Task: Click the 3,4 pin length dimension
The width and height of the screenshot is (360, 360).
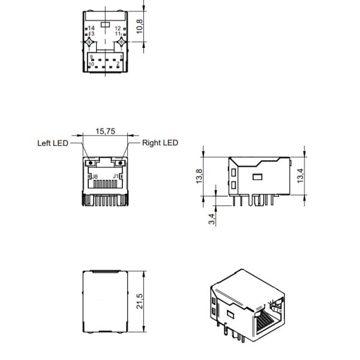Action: point(211,219)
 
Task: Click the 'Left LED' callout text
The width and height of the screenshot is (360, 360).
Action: point(52,143)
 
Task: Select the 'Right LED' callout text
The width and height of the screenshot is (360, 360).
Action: point(160,143)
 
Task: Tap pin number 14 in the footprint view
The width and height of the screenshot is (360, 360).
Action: point(91,28)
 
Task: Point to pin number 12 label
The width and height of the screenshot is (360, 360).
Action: point(118,28)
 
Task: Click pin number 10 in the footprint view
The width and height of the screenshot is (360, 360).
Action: point(91,64)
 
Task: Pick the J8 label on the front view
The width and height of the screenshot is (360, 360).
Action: point(95,176)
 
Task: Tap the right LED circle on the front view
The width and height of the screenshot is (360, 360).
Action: point(120,162)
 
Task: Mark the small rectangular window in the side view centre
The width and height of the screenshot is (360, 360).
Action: point(259,177)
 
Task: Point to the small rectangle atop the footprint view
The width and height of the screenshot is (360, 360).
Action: point(105,25)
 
